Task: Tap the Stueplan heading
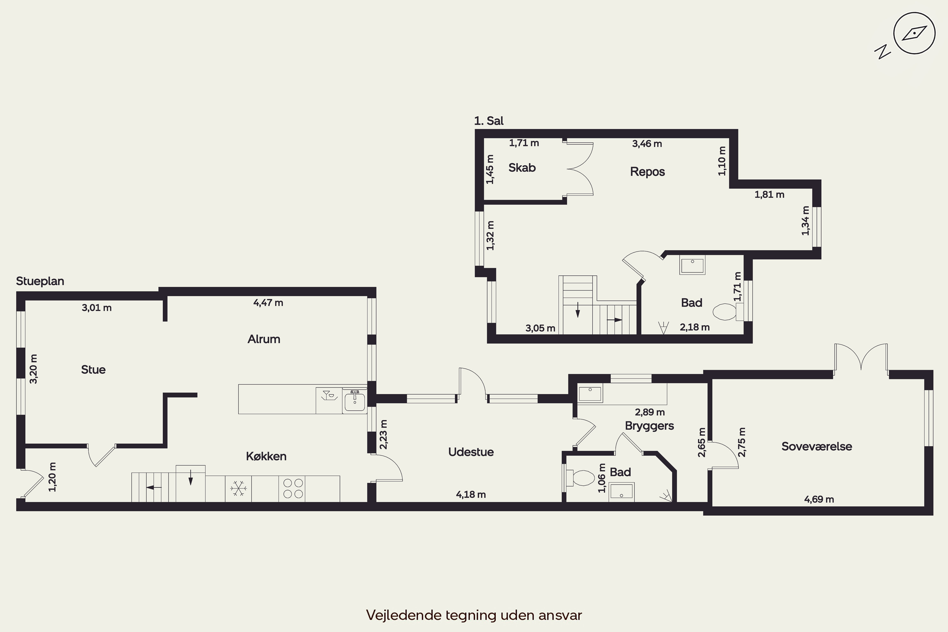click(x=40, y=281)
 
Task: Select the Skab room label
click(x=522, y=168)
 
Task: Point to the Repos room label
click(x=647, y=172)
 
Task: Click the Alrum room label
click(x=264, y=339)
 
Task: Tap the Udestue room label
click(x=471, y=452)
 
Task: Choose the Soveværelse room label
click(x=817, y=446)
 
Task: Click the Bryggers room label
click(x=649, y=426)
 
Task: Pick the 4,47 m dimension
click(x=268, y=302)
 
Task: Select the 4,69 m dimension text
click(x=819, y=499)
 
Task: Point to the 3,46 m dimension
click(x=647, y=143)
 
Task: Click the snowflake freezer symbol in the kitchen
click(x=238, y=489)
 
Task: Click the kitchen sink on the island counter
click(x=355, y=401)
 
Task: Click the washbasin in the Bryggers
click(x=590, y=393)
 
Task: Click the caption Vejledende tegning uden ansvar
click(x=474, y=615)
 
